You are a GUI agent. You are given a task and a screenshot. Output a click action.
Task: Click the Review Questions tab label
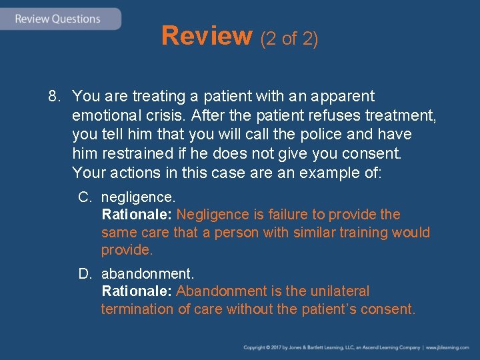pyautogui.click(x=57, y=19)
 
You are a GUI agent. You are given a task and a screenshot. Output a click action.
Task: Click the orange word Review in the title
pyautogui.click(x=207, y=37)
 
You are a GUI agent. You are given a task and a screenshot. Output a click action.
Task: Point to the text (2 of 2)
pyautogui.click(x=289, y=39)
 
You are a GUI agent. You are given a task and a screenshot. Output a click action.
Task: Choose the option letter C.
pyautogui.click(x=85, y=197)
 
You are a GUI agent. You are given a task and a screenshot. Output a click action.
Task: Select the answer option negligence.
pyautogui.click(x=138, y=197)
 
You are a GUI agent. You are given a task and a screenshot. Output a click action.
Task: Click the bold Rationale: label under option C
pyautogui.click(x=137, y=215)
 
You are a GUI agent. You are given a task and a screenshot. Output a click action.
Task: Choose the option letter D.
pyautogui.click(x=85, y=274)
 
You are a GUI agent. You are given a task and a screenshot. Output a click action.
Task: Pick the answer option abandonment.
pyautogui.click(x=147, y=274)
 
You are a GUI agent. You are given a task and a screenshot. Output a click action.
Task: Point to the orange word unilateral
pyautogui.click(x=340, y=291)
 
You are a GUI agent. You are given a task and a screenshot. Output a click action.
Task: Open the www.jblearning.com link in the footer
pyautogui.click(x=450, y=348)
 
